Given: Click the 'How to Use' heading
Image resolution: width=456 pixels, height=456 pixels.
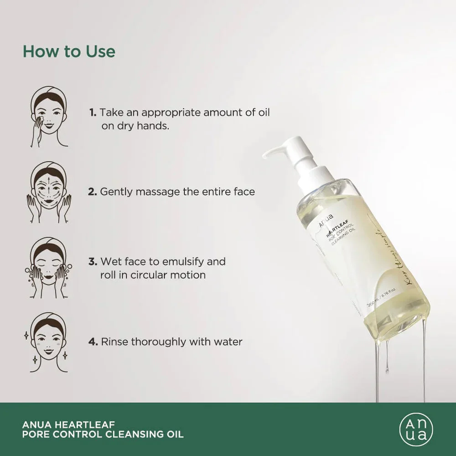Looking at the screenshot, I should tap(69, 51).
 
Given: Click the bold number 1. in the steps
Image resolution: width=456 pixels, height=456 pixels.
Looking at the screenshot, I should tap(93, 112).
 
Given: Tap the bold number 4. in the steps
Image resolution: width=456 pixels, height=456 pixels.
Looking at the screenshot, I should tap(93, 341).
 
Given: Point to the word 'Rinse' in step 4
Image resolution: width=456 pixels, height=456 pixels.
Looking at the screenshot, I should tap(114, 341).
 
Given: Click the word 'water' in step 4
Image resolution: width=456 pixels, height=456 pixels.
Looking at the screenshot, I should tap(228, 341).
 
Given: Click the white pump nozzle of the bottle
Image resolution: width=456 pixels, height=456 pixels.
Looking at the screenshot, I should tap(278, 151).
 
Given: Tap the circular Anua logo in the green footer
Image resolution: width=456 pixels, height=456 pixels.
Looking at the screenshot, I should tap(414, 429).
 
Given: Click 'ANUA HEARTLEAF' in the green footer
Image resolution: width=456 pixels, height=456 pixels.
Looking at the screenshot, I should tap(62, 423).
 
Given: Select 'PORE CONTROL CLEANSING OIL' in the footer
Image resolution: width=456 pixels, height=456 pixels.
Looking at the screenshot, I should tap(103, 435).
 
